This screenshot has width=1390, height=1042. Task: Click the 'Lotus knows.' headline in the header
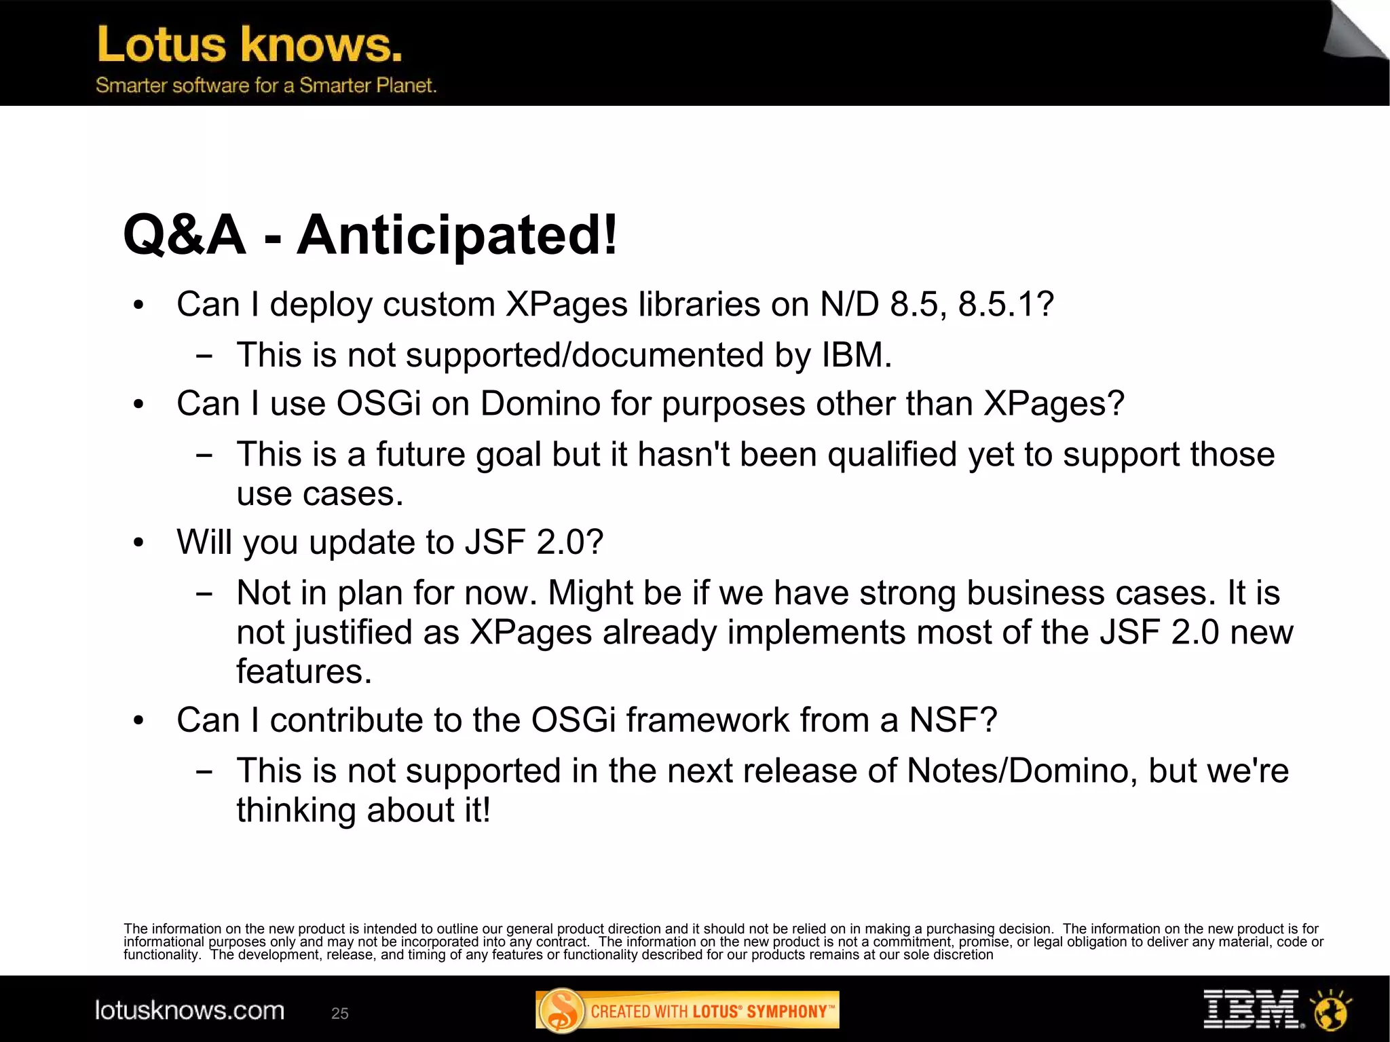click(x=250, y=45)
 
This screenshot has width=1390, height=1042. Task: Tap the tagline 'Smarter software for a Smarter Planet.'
click(x=265, y=86)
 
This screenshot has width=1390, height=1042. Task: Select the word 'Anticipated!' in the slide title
click(x=457, y=235)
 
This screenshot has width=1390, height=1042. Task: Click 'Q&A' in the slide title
click(x=185, y=235)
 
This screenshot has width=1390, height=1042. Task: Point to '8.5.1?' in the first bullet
click(x=1006, y=304)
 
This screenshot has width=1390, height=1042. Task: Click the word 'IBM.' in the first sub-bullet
click(x=857, y=355)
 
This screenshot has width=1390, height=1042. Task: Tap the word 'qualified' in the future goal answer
click(x=892, y=454)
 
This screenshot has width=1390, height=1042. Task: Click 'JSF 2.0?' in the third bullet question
click(x=534, y=542)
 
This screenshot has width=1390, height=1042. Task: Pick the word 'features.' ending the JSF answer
click(x=304, y=671)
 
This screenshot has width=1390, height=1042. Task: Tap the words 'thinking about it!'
click(x=363, y=811)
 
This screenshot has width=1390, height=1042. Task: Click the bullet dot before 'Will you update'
click(x=139, y=543)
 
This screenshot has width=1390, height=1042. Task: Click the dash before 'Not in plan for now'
click(x=203, y=594)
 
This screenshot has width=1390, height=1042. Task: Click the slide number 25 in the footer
click(x=339, y=1013)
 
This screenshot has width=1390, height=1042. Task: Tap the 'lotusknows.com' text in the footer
click(x=189, y=1011)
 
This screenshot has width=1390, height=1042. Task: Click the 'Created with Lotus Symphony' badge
click(x=687, y=1011)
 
